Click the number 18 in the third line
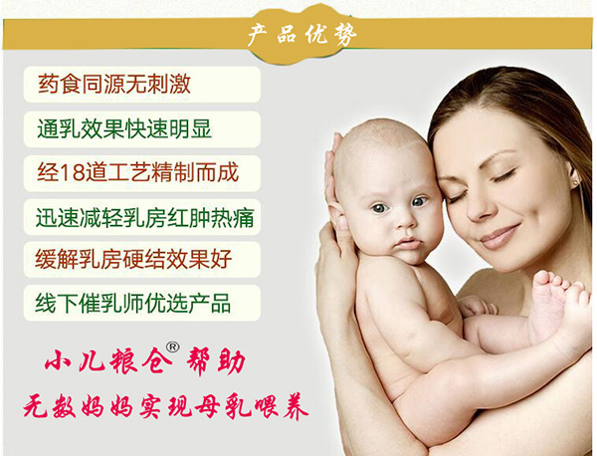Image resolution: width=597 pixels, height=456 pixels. click(x=77, y=171)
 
